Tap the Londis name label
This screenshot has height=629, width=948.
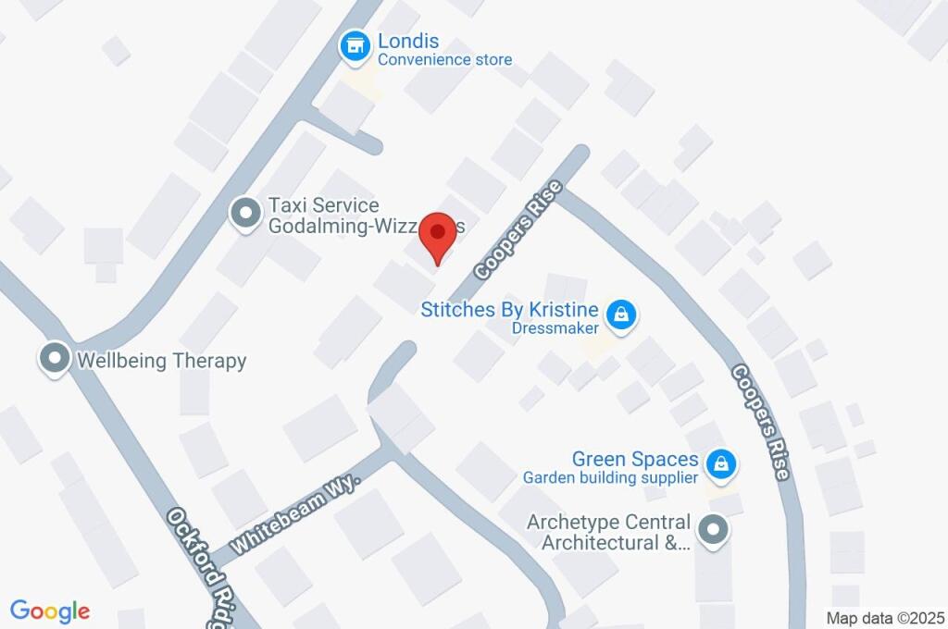[x=407, y=42]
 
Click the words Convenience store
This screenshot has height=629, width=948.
[x=444, y=60]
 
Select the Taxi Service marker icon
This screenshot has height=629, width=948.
[x=245, y=214]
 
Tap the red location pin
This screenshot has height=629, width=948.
[x=437, y=237]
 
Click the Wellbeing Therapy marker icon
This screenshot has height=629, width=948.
[x=55, y=359]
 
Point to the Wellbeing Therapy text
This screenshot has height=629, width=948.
[x=162, y=360]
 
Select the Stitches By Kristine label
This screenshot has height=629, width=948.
[x=509, y=309]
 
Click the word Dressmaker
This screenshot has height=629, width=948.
[x=555, y=327]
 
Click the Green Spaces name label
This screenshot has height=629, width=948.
[x=635, y=459]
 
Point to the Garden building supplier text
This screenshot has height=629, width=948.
[x=610, y=478]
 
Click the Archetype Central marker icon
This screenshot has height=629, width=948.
[x=713, y=531]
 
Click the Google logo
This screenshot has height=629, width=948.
[x=50, y=610]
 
